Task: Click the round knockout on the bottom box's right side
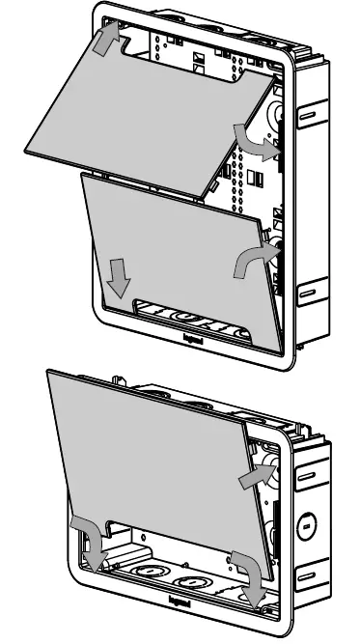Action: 306,525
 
